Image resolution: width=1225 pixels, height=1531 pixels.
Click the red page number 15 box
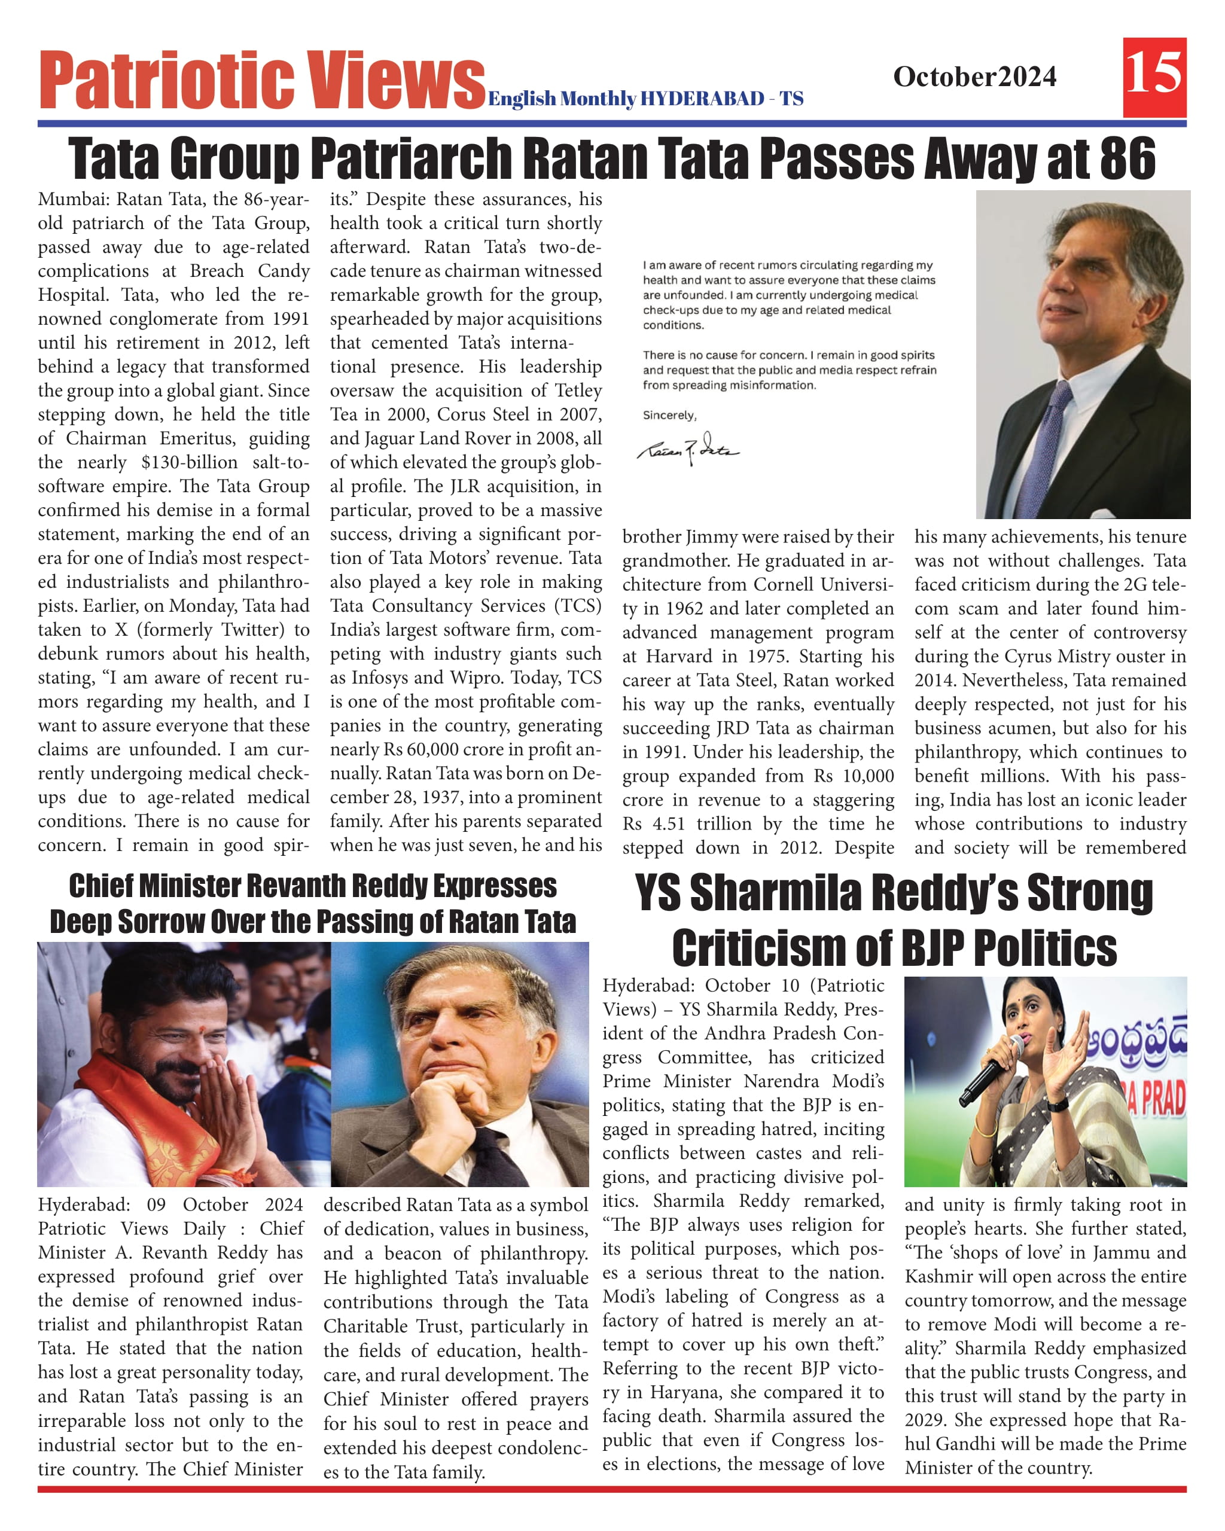pos(1154,77)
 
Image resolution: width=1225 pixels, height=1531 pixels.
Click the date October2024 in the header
pos(974,77)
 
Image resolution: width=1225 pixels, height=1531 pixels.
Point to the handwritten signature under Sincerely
pos(687,448)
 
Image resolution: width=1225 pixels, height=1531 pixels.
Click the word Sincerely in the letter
pos(669,416)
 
